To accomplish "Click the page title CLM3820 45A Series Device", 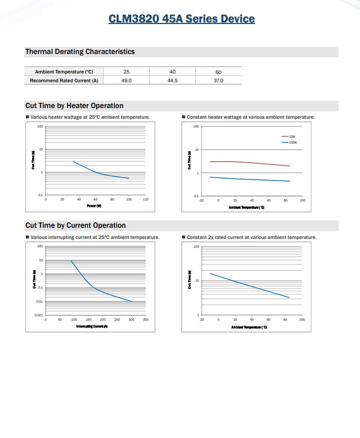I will (x=181, y=19).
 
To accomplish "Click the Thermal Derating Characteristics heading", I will (x=80, y=52).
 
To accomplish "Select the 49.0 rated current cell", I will (x=126, y=80).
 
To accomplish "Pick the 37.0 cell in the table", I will (x=218, y=80).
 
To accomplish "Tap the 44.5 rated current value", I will (x=172, y=80).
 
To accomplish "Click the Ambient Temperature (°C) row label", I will (x=64, y=72).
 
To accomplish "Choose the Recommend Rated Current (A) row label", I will (x=64, y=80).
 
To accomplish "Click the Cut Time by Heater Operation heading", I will (x=74, y=106).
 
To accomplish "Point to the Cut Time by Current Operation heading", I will (x=75, y=225).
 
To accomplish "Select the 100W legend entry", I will (x=292, y=142).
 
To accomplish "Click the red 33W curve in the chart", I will (x=253, y=163).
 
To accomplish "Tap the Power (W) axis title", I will (x=94, y=206).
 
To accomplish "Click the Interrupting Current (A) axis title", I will (x=92, y=326).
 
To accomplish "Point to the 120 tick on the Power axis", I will (x=145, y=200).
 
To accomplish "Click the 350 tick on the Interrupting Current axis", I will (x=145, y=320).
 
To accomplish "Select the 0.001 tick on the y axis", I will (x=39, y=315).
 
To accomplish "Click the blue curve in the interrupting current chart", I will (x=97, y=290).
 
